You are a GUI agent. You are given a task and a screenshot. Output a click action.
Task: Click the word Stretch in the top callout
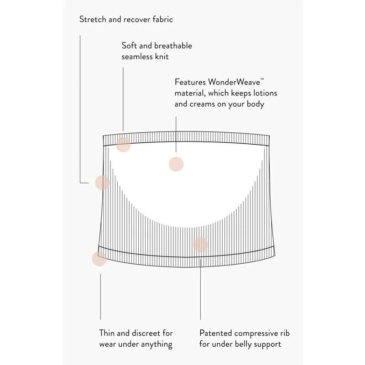coord(93,19)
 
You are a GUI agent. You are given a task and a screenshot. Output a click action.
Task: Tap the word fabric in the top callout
coord(163,19)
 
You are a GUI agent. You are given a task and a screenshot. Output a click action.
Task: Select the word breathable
coord(173,46)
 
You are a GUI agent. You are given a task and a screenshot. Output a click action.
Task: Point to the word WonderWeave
coord(234,82)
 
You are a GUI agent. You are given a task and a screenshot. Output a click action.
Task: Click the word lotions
coord(265,93)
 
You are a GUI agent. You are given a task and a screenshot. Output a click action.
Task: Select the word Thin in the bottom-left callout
coord(107,333)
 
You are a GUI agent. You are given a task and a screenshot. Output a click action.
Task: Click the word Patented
coord(216,333)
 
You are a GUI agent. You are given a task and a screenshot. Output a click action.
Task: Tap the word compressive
coord(256,334)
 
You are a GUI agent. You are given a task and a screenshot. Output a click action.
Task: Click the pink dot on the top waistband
coord(123,145)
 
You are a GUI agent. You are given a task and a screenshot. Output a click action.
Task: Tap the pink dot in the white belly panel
coord(176,164)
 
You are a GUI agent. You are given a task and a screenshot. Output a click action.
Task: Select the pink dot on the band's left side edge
coord(102,182)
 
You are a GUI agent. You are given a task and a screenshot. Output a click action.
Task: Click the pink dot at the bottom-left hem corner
coord(99,259)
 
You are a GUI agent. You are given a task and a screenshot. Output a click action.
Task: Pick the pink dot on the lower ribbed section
coord(200,245)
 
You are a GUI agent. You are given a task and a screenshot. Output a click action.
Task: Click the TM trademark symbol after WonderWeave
coord(262,79)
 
